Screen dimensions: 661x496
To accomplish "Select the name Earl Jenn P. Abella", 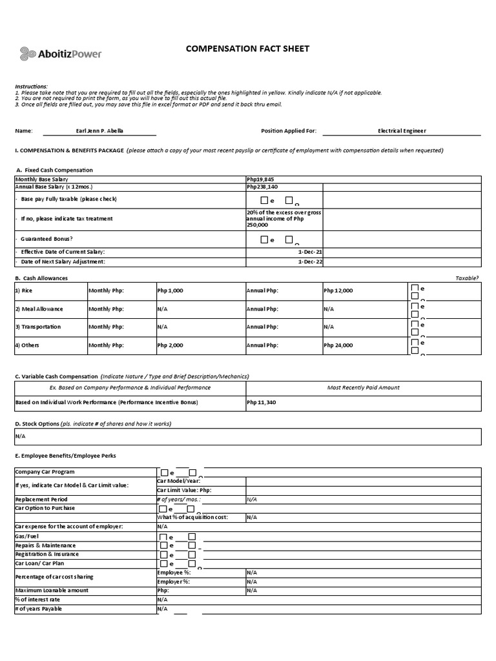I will [99, 130].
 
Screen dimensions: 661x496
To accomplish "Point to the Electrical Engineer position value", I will [402, 130].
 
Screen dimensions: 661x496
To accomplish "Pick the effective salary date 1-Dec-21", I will [310, 251].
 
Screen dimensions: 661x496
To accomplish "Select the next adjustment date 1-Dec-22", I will [310, 261].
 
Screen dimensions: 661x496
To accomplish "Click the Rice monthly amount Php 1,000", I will [170, 290].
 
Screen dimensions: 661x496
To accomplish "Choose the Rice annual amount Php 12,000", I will [338, 290].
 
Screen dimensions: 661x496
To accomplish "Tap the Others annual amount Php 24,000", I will [338, 345].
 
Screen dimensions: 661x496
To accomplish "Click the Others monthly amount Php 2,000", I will [170, 345].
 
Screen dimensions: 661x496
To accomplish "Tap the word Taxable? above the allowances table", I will [467, 278].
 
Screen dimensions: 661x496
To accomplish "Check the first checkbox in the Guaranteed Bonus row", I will [263, 239].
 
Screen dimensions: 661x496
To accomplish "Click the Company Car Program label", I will [45, 472].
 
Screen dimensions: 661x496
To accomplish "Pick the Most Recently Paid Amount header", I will [363, 387].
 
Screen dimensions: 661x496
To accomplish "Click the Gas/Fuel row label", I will [27, 536].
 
